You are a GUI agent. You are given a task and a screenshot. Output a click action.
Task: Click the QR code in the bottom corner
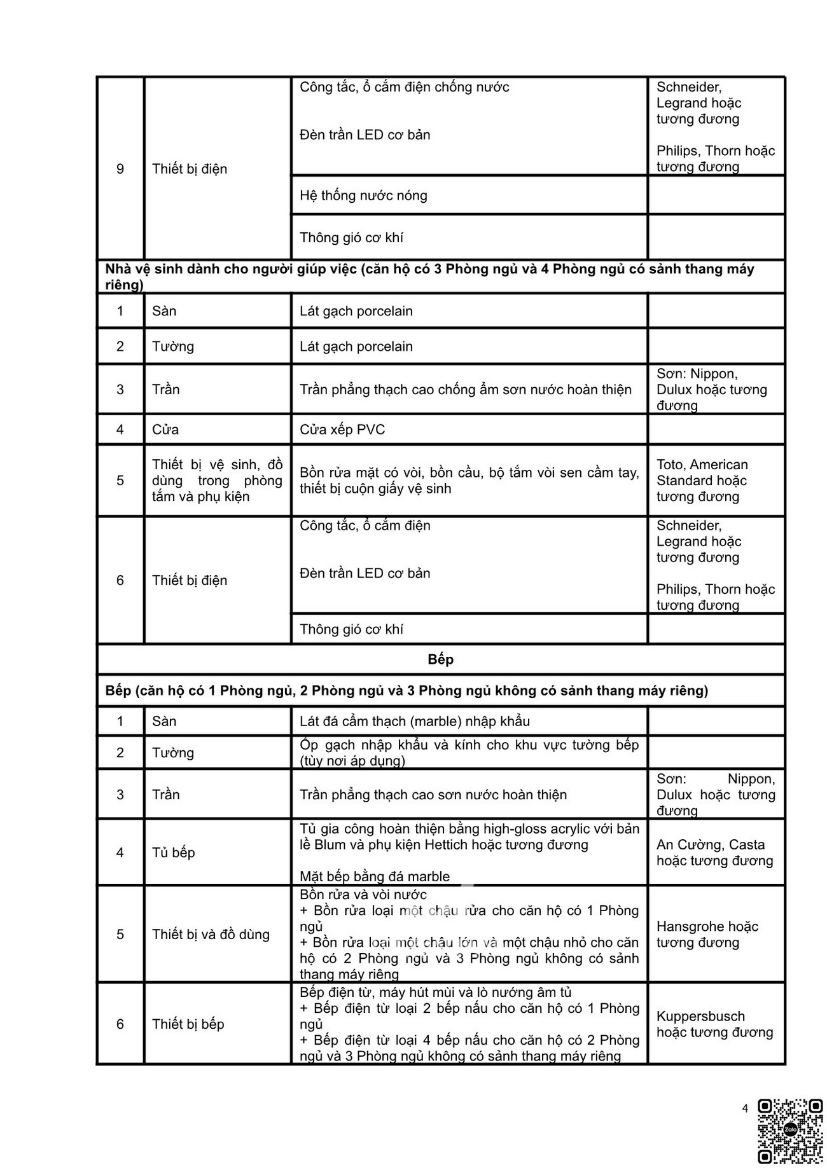[790, 1130]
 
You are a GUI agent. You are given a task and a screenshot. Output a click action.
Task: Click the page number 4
[745, 1109]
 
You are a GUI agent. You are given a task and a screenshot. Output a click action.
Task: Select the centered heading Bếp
[440, 659]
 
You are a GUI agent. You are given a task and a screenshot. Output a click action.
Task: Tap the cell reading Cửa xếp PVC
[342, 430]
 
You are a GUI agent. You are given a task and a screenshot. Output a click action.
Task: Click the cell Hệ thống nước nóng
[363, 196]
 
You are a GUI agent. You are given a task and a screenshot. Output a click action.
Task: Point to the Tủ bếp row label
[173, 853]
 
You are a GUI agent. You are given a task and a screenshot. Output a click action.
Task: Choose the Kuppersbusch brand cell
[714, 1024]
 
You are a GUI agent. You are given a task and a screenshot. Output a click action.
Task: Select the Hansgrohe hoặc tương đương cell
[707, 935]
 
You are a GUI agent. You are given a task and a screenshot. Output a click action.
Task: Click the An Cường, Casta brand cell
[714, 853]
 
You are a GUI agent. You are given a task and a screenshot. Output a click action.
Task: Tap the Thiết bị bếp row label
[188, 1024]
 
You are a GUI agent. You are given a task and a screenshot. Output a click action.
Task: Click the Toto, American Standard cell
[702, 481]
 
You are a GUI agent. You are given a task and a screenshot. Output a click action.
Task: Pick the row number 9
[120, 169]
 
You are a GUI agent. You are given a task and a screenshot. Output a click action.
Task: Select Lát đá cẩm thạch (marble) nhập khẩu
[415, 722]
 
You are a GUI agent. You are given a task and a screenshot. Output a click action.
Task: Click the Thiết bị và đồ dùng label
[211, 935]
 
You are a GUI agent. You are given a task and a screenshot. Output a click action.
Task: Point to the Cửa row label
[165, 430]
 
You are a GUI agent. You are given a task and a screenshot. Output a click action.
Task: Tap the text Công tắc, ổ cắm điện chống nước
[404, 87]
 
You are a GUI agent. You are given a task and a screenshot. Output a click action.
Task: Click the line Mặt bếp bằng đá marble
[375, 877]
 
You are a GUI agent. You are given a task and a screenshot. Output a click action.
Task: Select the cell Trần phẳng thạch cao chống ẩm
[466, 390]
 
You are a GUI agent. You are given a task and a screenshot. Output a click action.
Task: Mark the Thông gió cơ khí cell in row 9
[351, 238]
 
